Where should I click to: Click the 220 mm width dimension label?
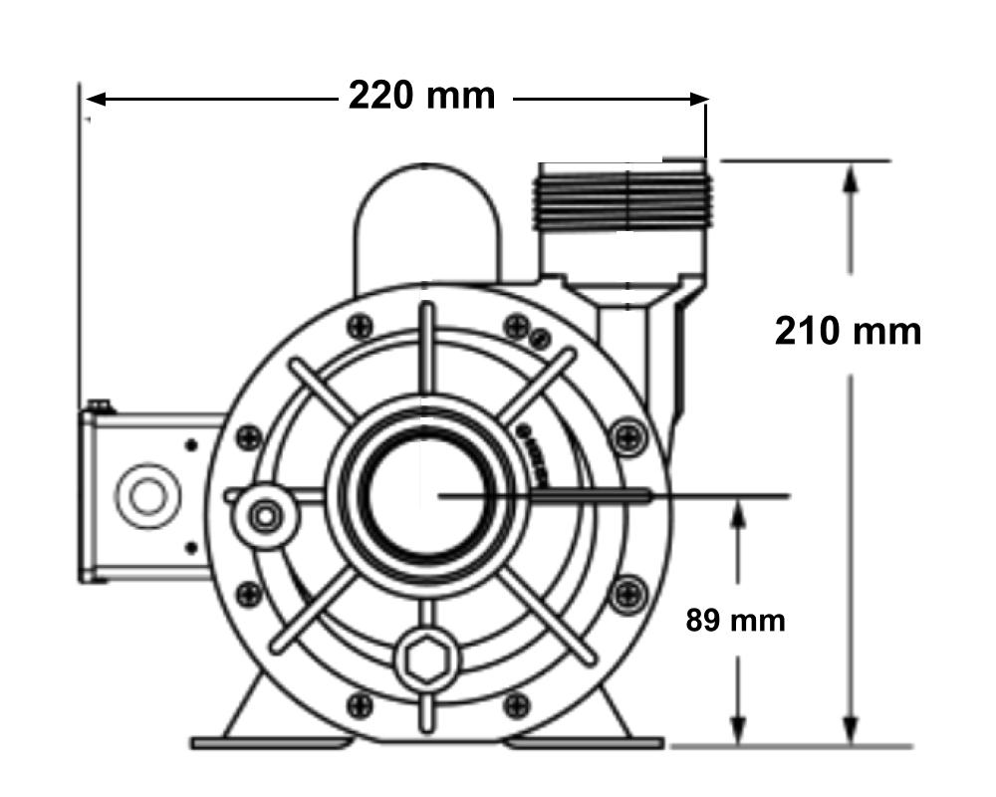click(420, 96)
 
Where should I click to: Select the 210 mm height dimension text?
click(848, 331)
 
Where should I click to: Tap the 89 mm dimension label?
click(735, 621)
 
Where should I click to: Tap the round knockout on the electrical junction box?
click(146, 495)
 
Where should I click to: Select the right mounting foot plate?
click(584, 742)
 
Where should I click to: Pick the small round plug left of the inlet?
click(264, 515)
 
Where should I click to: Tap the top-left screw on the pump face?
click(361, 326)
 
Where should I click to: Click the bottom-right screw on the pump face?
click(516, 705)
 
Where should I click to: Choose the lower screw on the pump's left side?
click(249, 594)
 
